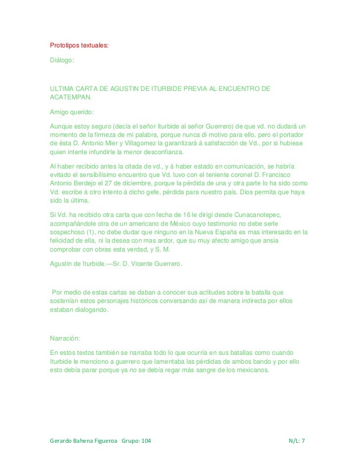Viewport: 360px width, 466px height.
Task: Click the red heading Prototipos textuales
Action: (79, 45)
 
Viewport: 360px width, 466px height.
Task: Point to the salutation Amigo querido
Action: (72, 112)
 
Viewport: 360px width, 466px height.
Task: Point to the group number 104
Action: (146, 440)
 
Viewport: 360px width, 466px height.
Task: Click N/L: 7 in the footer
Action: (297, 440)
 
